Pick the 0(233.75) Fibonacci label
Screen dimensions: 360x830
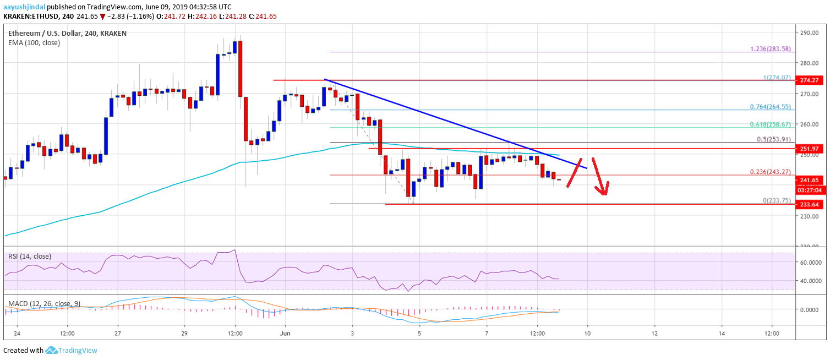click(x=774, y=200)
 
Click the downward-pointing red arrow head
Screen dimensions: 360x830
click(x=604, y=190)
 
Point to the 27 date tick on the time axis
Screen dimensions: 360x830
click(x=118, y=334)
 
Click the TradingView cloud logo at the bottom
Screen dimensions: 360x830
click(x=52, y=350)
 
